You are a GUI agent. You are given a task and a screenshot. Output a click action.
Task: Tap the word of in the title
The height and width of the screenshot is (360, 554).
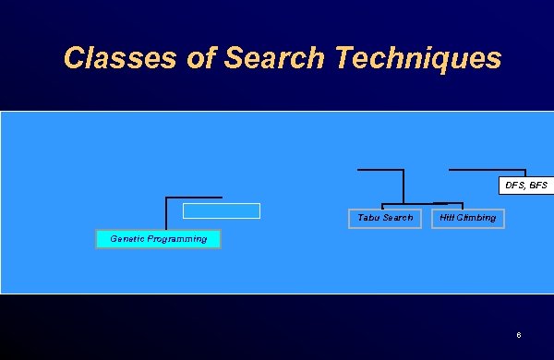[x=175, y=58]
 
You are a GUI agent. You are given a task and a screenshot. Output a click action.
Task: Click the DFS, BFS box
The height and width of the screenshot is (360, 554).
[x=525, y=186]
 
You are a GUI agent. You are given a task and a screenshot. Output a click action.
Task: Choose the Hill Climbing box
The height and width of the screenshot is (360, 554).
[x=468, y=218]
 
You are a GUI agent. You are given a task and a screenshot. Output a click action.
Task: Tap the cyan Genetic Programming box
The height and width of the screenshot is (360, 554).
[x=158, y=239]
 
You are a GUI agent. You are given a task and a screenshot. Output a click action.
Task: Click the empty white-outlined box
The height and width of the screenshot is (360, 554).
[x=222, y=210]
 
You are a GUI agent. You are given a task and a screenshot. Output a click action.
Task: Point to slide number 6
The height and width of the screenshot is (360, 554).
[x=520, y=334]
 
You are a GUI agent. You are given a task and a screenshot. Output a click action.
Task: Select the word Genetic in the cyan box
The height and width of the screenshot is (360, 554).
[x=126, y=239]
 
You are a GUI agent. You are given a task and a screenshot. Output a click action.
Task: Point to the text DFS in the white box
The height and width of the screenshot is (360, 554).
[x=514, y=186]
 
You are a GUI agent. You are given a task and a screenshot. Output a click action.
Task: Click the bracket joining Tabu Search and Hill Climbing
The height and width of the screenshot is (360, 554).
[x=422, y=203]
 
